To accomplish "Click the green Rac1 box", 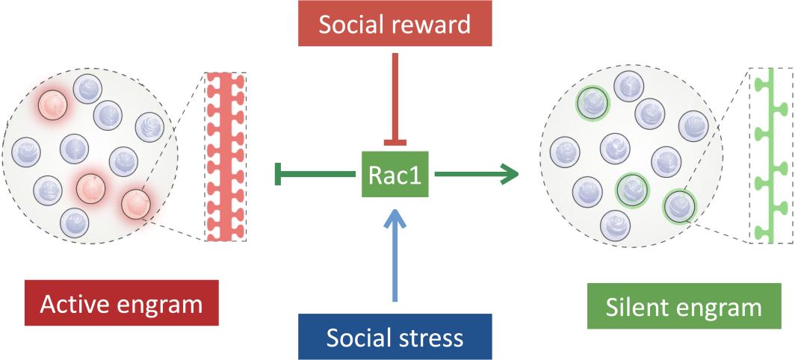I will [x=394, y=175].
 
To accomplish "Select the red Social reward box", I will [x=394, y=25].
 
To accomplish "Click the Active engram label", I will [x=121, y=304].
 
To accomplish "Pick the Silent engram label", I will [x=684, y=306].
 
